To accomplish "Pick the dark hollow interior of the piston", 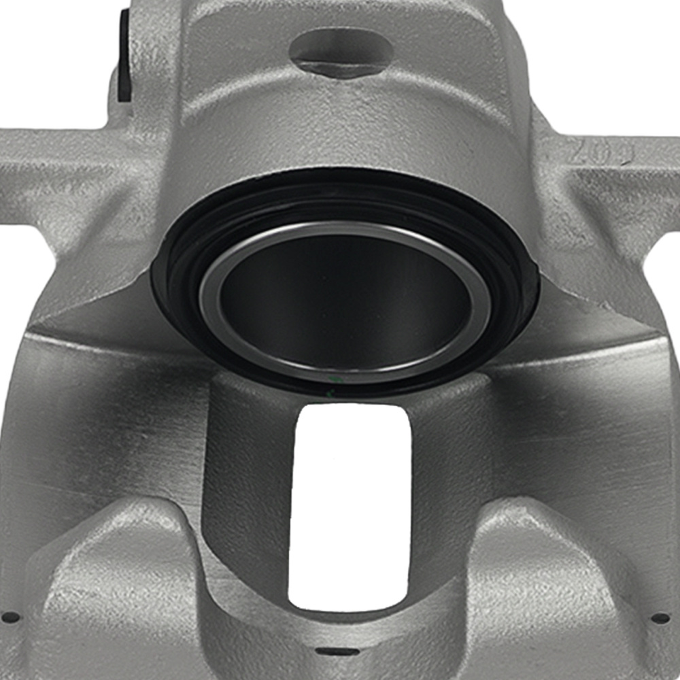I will tap(343, 299).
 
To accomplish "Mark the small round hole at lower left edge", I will tap(12, 617).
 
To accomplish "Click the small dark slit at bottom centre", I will tap(342, 651).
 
